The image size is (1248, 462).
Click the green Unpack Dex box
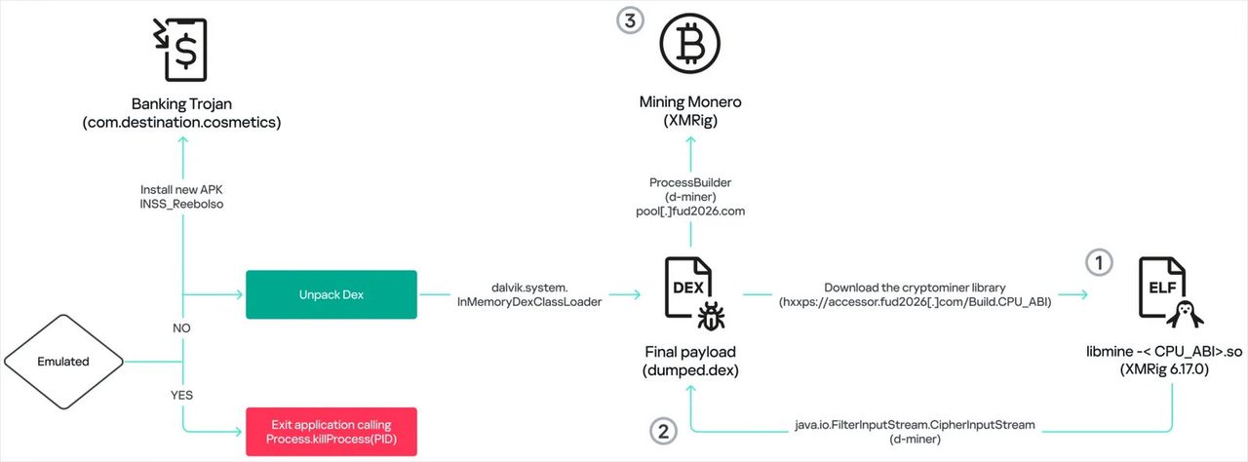[x=331, y=295]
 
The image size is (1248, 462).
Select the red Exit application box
[x=331, y=432]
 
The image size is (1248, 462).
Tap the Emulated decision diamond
[x=63, y=362]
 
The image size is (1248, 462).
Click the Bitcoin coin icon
[x=689, y=44]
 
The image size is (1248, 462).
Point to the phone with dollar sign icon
[x=184, y=49]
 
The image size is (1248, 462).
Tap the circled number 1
[x=1098, y=262]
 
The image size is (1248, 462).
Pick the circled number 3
[x=630, y=19]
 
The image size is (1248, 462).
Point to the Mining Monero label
[x=689, y=101]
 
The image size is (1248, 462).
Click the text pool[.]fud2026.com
[x=689, y=211]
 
